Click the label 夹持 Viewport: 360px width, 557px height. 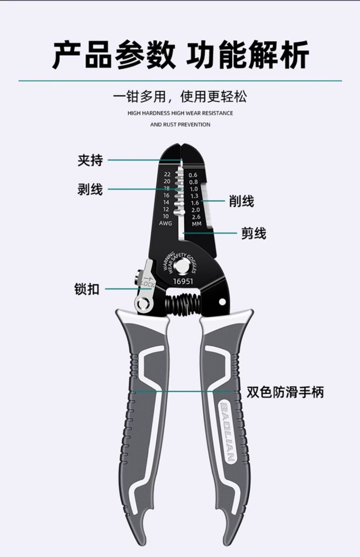[90, 160]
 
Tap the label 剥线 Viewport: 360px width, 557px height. [90, 189]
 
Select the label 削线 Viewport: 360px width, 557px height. [242, 201]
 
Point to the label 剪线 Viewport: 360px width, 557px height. [253, 234]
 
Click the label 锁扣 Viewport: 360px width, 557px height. [87, 289]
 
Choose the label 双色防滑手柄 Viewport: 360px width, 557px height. [285, 392]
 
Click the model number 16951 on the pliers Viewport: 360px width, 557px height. [183, 281]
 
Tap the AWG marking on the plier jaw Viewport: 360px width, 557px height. [165, 223]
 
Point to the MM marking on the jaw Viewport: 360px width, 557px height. [196, 224]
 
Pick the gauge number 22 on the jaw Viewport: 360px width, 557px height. [167, 174]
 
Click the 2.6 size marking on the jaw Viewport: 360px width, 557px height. [195, 217]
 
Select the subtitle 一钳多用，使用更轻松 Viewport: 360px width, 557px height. [180, 97]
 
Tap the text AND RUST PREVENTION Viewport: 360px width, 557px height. [180, 124]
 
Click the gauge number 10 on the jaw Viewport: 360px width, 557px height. [165, 216]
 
